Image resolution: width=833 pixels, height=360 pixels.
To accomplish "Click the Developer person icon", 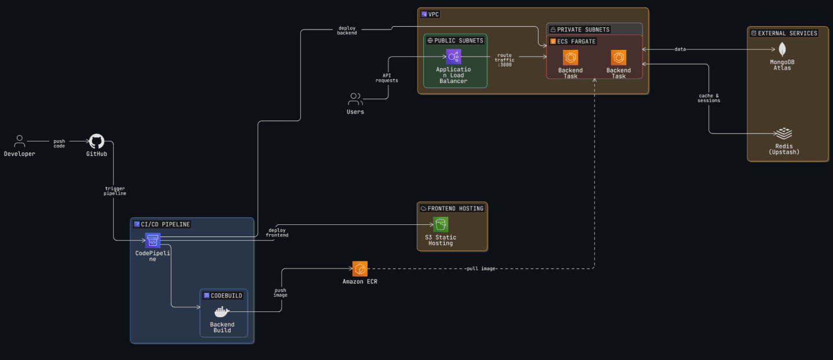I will [x=20, y=141].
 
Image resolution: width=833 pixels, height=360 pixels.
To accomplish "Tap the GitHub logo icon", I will [x=96, y=141].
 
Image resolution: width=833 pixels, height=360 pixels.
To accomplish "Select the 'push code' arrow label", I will [x=59, y=143].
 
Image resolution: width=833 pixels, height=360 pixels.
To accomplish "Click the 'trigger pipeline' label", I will [x=115, y=191].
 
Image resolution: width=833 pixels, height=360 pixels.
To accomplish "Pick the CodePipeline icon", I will [x=153, y=239].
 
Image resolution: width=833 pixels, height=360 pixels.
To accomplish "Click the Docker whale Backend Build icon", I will [x=222, y=311].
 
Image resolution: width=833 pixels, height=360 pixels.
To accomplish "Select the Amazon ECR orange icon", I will [x=360, y=268].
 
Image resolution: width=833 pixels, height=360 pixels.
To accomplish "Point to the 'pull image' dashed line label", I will [x=481, y=268].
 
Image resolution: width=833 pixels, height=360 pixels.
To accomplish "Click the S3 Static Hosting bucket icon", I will [x=441, y=224].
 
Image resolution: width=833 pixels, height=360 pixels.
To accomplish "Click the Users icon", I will [x=355, y=99].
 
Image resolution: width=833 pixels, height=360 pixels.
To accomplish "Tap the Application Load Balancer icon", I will [x=454, y=56].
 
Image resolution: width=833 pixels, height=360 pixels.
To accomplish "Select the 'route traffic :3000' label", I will [x=504, y=60].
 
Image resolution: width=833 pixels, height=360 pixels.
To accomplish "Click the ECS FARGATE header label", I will [x=576, y=41].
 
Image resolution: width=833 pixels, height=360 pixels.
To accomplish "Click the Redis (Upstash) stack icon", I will [x=784, y=134].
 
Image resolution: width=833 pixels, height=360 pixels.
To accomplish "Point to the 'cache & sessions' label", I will [x=708, y=98].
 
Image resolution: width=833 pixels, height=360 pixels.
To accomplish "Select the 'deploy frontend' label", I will [x=277, y=232].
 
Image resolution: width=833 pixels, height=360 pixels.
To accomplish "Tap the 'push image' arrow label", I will [x=280, y=292].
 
